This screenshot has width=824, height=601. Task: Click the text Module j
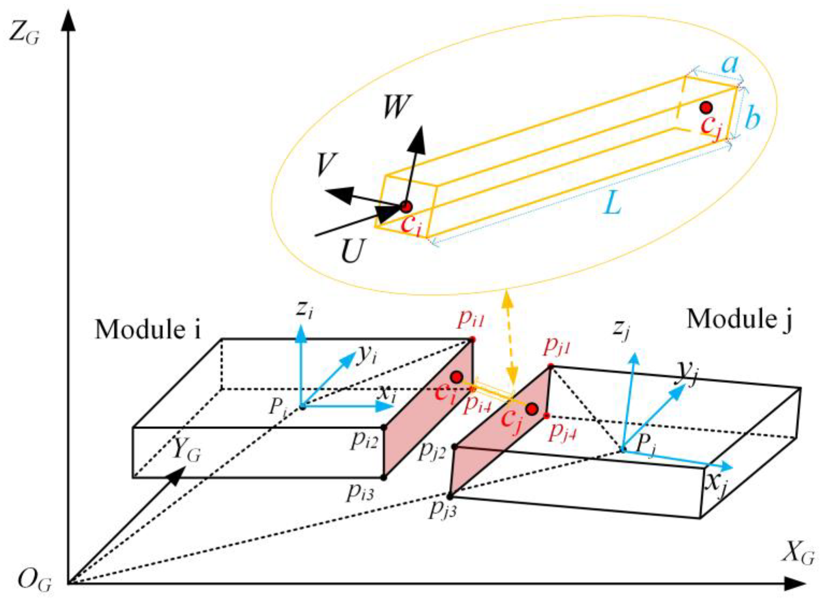739,320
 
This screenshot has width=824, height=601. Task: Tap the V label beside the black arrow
328,165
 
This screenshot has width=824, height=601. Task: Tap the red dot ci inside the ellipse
406,207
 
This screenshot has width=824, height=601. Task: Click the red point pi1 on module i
472,339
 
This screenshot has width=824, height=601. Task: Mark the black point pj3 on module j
450,496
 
